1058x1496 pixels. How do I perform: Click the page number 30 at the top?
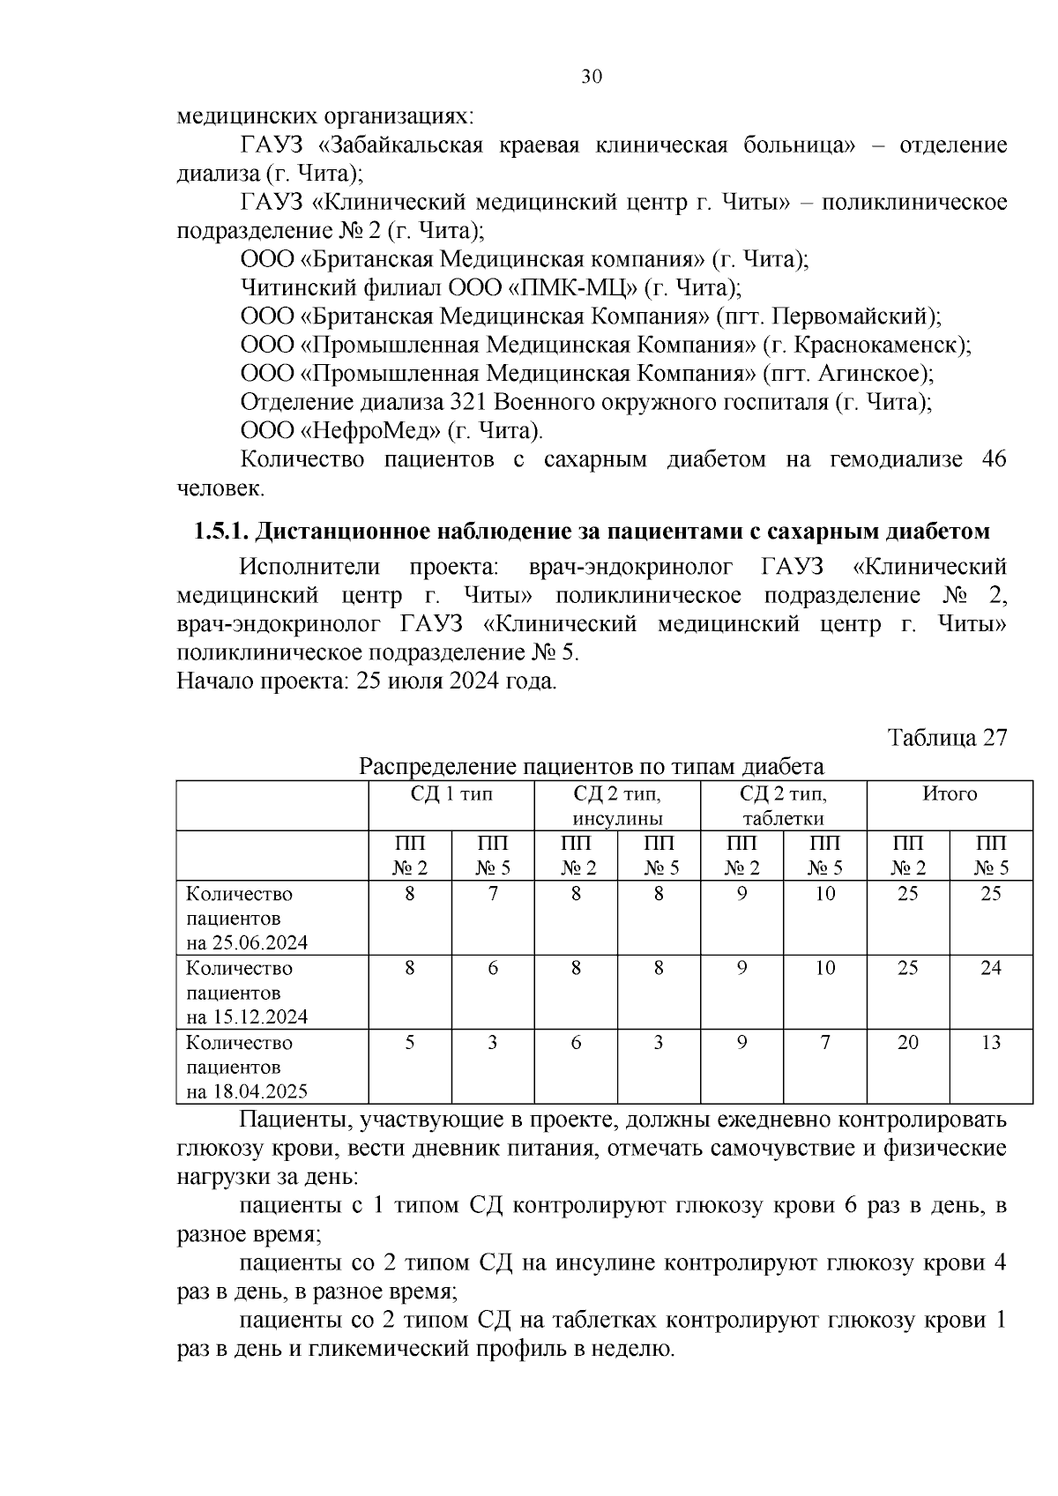(x=592, y=78)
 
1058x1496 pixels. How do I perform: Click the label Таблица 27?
(x=947, y=737)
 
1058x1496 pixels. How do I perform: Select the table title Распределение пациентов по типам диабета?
(x=592, y=766)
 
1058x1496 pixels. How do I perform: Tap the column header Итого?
(x=950, y=793)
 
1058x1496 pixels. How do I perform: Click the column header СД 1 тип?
(x=451, y=793)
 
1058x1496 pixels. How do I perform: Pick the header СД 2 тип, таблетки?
(x=783, y=806)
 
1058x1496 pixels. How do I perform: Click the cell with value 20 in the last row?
(x=907, y=1043)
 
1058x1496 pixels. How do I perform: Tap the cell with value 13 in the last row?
(x=991, y=1043)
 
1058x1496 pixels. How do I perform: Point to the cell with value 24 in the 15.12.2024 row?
(x=991, y=968)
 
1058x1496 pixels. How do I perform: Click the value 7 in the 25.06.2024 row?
(x=493, y=893)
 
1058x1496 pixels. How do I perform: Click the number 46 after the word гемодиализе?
(x=992, y=459)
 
